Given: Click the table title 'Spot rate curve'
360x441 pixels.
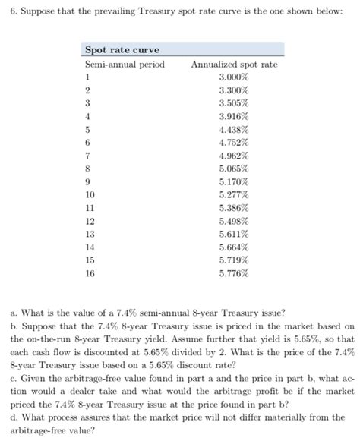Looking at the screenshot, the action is [x=122, y=50].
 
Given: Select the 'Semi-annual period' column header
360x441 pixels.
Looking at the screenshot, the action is [x=124, y=65].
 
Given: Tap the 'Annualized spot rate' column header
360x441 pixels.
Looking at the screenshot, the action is [x=234, y=65].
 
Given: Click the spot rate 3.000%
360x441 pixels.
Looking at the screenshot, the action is [x=234, y=77].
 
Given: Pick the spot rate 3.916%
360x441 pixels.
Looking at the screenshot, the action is [x=234, y=116].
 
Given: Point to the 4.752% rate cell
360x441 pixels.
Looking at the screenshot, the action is [x=234, y=142].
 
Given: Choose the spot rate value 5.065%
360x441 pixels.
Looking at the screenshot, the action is [x=234, y=169].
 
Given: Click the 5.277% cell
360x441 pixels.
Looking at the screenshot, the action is [x=234, y=194].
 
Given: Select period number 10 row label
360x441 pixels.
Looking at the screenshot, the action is [x=90, y=194].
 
